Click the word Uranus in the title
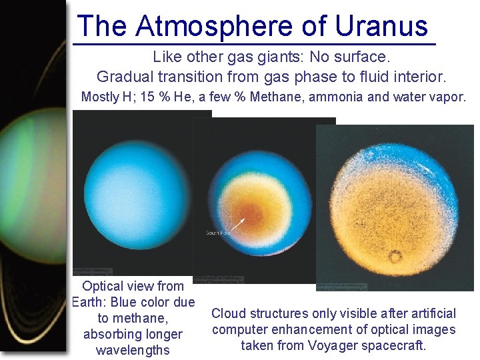click(381, 26)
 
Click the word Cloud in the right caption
click(228, 313)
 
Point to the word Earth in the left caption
click(89, 302)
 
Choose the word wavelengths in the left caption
click(133, 350)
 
